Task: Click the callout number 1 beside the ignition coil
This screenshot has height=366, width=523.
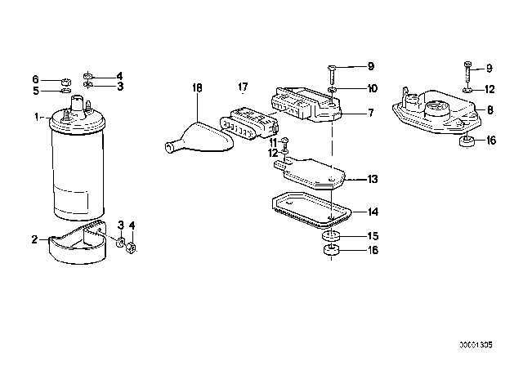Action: pos(37,117)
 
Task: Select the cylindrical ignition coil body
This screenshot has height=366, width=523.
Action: pos(77,160)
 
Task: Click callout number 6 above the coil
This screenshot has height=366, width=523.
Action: pos(35,79)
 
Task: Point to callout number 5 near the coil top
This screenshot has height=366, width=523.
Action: pos(36,91)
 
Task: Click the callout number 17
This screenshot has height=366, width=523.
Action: pos(244,87)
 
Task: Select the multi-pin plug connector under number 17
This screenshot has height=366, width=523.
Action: pos(248,123)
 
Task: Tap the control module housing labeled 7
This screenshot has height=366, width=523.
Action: pos(308,104)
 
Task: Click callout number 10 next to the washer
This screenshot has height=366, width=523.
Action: pos(372,88)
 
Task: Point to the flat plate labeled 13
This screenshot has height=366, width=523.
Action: pos(310,173)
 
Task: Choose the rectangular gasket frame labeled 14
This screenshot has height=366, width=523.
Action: pos(311,211)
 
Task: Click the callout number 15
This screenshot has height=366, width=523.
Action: pos(373,236)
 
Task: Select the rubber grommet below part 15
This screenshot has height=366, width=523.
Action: pos(330,251)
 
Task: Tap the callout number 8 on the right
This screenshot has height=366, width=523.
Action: pos(490,110)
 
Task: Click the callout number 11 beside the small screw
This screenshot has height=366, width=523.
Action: pos(273,143)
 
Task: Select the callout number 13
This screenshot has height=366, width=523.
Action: pos(373,180)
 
